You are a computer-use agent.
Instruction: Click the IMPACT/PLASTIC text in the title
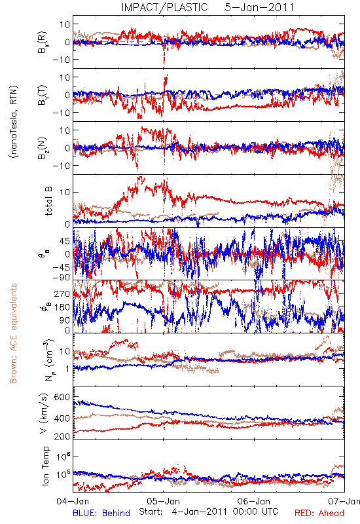165,7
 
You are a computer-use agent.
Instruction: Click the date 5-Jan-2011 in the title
259,7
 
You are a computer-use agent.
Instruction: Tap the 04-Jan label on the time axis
73,501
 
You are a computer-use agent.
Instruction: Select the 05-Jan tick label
163,501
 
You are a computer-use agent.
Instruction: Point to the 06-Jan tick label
254,501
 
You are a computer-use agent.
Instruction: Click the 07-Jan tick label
344,501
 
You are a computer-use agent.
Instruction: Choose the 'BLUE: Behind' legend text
101,513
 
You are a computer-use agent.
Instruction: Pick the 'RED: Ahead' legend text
319,513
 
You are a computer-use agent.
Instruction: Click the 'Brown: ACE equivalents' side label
13,333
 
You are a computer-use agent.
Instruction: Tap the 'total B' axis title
48,201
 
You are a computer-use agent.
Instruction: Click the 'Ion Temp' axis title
45,466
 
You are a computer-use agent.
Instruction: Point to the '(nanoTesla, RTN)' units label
14,122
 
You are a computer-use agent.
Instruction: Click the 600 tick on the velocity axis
62,397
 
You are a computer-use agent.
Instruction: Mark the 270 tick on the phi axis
62,293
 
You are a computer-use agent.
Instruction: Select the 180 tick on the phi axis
62,307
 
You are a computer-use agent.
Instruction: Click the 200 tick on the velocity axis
62,436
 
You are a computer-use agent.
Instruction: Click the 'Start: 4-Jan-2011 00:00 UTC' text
208,512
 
